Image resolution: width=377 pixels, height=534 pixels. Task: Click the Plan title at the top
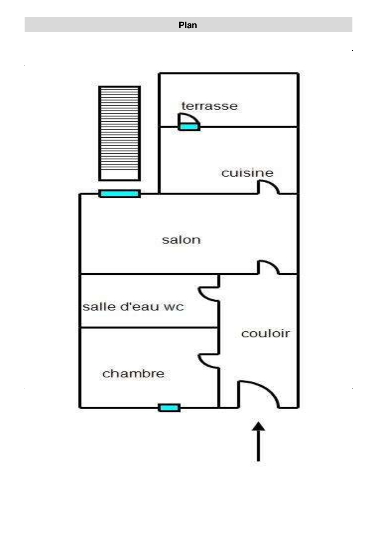pos(188,25)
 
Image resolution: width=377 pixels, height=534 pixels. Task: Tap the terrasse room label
pos(209,106)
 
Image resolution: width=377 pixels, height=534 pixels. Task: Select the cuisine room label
pos(247,173)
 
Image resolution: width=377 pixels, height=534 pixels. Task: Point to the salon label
pos(181,240)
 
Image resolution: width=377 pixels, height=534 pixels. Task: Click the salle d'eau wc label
pos(133,307)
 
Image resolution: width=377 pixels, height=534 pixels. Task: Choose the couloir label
pos(265,334)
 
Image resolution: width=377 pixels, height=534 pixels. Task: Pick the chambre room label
pos(133,373)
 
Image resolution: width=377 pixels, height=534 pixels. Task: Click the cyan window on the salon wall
pos(119,194)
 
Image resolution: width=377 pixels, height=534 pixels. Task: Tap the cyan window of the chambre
pos(169,408)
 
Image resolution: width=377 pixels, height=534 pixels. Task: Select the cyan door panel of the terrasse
pos(189,127)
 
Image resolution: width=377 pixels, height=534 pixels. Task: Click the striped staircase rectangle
pos(119,133)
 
